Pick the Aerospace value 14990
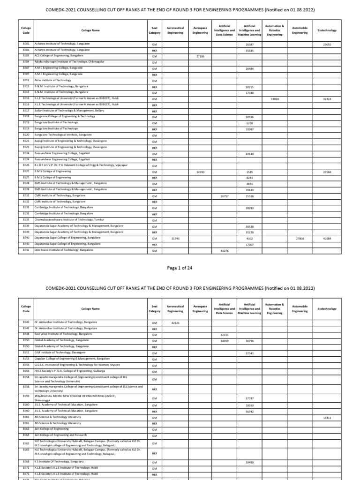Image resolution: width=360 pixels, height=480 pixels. pos(200,172)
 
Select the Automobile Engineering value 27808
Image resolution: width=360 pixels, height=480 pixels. pos(300,239)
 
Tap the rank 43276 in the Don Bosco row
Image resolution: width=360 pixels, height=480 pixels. pos(224,251)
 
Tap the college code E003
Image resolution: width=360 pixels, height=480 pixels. pos(26,56)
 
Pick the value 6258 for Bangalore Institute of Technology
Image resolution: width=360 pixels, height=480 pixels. pos(249,123)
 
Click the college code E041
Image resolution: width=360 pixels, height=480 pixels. pos(26,250)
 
